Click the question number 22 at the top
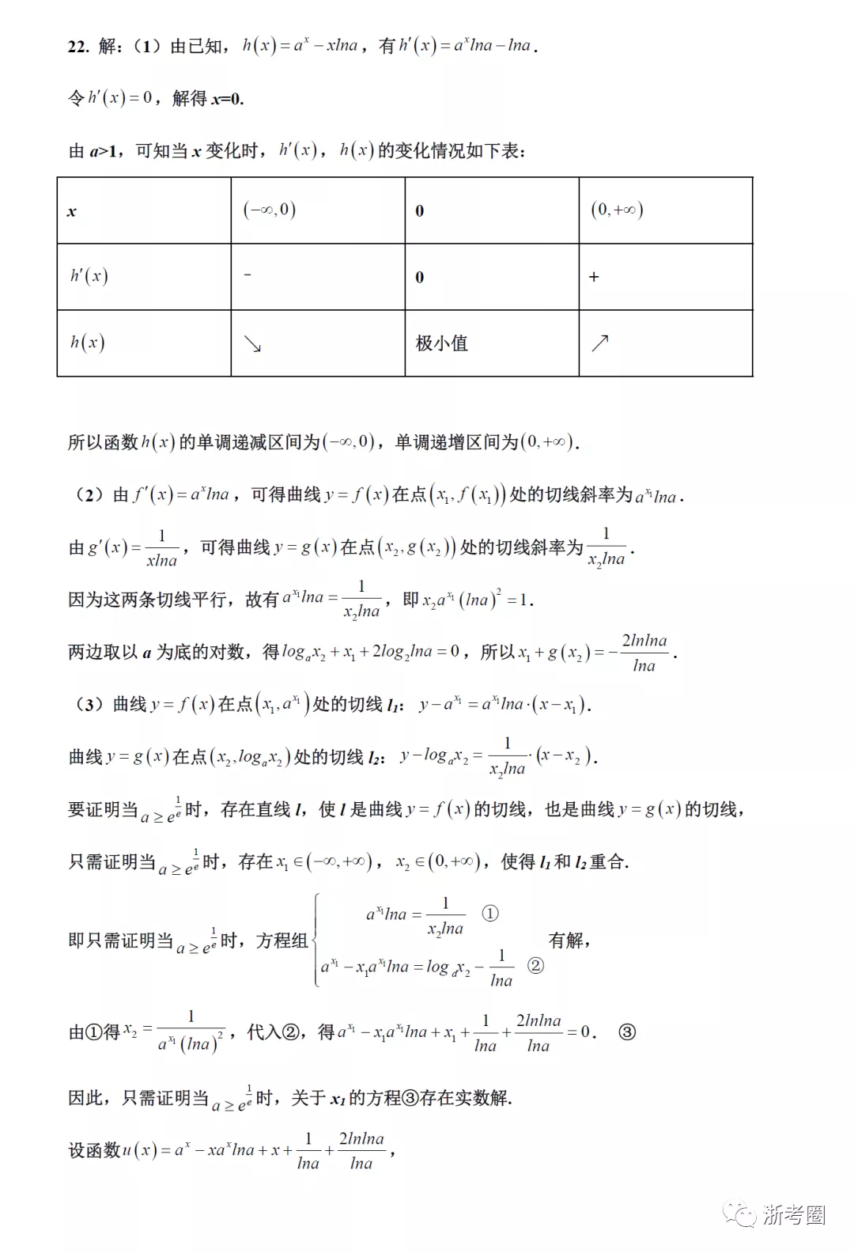click(77, 47)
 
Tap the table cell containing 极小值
click(442, 343)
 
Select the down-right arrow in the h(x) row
click(252, 343)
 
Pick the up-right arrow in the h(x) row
click(600, 343)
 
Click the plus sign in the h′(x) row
click(594, 277)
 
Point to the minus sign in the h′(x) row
click(248, 274)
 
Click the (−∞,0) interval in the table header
click(270, 210)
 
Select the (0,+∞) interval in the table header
click(617, 210)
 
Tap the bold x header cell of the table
click(72, 211)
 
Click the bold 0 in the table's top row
click(420, 211)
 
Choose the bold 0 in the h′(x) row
click(420, 278)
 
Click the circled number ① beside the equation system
click(490, 914)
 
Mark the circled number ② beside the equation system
click(535, 966)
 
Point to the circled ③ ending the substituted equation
click(626, 1032)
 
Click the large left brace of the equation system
click(316, 940)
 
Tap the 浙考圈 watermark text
click(794, 1215)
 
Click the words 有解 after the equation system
click(566, 940)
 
